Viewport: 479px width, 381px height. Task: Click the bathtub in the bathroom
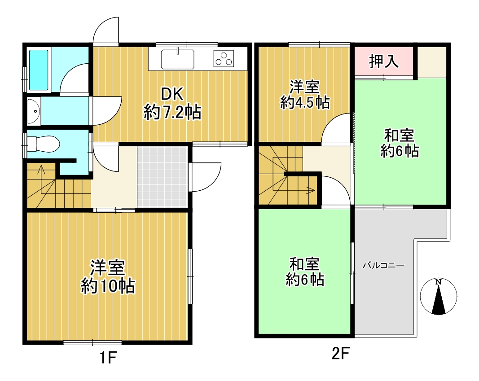point(39,70)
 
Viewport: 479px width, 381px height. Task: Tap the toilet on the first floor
point(43,144)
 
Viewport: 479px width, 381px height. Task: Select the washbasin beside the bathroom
point(34,111)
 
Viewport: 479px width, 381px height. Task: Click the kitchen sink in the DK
point(177,59)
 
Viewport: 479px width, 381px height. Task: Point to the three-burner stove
point(224,58)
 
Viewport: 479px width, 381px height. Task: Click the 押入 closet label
point(384,61)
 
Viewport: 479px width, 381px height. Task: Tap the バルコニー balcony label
point(383,265)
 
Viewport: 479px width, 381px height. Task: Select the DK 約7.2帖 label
point(172,103)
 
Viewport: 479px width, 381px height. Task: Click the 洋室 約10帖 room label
point(108,277)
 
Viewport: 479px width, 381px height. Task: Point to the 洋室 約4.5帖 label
point(305,95)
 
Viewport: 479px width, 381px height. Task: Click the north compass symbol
point(438,296)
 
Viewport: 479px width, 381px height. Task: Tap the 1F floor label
point(109,358)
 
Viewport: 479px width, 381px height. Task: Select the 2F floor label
point(340,354)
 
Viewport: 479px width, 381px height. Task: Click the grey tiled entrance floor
point(163,177)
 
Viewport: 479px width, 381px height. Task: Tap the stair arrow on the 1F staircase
point(41,186)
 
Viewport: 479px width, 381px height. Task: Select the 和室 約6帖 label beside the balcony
point(305,272)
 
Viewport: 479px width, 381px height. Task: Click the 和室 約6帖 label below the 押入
point(400,143)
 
